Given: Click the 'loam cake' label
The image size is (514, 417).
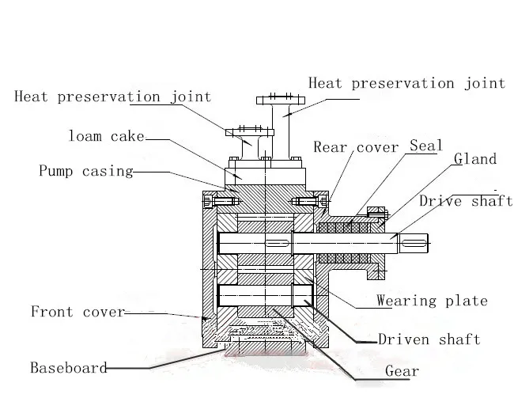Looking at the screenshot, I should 107,136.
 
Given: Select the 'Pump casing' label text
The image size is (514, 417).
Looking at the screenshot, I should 86,170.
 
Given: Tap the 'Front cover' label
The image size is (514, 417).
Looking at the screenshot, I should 77,311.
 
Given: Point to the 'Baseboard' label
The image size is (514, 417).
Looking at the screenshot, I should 68,367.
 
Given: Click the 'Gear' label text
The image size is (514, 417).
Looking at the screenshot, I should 402,371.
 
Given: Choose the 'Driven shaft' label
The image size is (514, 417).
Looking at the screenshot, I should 429,339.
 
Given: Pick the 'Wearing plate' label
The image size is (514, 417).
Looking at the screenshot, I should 432,301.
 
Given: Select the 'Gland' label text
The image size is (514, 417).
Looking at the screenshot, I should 475,159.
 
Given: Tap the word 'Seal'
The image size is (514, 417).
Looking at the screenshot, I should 425,146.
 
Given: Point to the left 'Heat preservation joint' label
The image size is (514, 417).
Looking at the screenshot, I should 113,97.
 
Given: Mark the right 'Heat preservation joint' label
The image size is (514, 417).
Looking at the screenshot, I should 406,83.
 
